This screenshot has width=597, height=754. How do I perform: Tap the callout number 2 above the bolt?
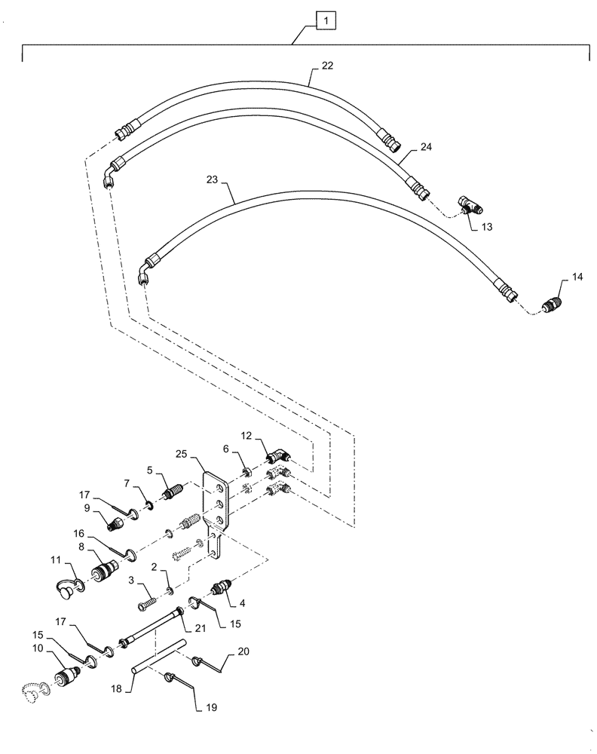[154, 565]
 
